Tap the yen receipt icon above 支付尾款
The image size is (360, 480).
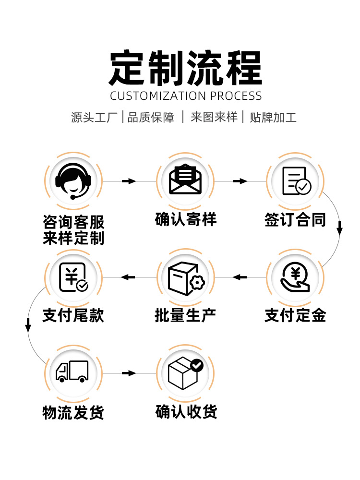(x=73, y=277)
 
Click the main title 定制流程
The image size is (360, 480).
(x=186, y=68)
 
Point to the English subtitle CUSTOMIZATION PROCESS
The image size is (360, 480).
(x=186, y=96)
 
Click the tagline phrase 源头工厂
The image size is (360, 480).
(x=94, y=117)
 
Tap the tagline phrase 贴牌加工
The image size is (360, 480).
(x=273, y=117)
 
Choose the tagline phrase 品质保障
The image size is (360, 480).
(x=151, y=117)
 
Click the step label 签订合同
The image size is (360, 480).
(x=295, y=220)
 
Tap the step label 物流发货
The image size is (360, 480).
(x=73, y=412)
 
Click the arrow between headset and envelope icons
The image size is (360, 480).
(x=129, y=181)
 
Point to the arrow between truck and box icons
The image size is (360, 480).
(x=129, y=373)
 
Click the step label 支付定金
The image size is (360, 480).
(x=295, y=315)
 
